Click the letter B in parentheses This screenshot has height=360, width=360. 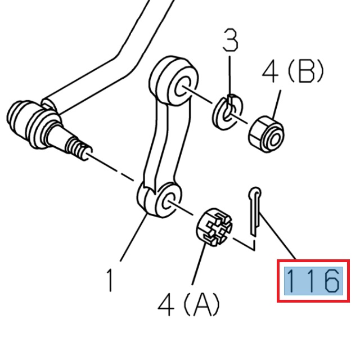304,71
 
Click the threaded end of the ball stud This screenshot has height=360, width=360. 79,148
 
